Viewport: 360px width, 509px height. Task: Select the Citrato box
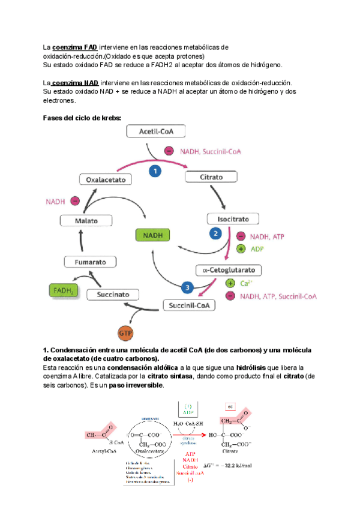coord(208,178)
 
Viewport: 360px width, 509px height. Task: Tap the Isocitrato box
coord(232,219)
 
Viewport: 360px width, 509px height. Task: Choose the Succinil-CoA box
coord(188,306)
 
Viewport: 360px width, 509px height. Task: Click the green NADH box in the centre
coord(153,235)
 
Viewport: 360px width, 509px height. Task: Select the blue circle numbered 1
coord(155,171)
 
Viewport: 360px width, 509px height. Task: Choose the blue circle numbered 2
coord(215,233)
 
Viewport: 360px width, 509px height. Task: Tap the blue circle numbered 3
coord(187,288)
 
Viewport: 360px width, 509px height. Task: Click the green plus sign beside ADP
coord(241,248)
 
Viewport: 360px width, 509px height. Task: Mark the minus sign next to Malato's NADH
coord(76,202)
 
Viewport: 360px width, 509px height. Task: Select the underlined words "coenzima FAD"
coord(75,47)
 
